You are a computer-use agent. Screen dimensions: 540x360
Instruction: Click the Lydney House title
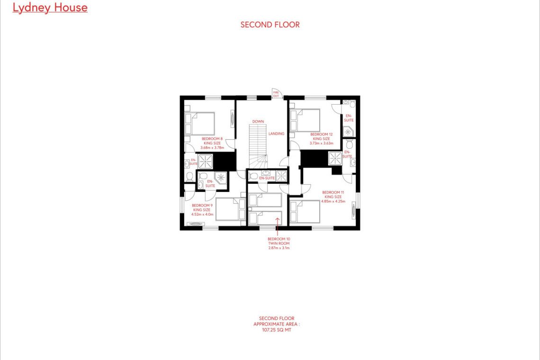pos(50,8)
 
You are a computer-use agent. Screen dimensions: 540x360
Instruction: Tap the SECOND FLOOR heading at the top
pos(270,25)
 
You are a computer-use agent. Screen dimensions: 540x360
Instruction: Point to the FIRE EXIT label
pos(276,94)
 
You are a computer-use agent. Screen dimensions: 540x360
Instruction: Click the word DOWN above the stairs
pos(258,122)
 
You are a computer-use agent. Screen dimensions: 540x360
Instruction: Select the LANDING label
pos(277,134)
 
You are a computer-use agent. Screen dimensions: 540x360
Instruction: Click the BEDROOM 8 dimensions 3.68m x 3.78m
pos(212,148)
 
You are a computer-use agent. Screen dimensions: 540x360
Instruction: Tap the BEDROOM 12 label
pos(321,135)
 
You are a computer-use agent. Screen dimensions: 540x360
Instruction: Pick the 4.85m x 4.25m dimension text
pos(333,201)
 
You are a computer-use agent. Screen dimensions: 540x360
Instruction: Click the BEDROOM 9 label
pos(202,205)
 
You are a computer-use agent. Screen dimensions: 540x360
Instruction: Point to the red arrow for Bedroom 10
pos(277,226)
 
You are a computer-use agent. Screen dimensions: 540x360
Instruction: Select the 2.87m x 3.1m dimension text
pos(279,248)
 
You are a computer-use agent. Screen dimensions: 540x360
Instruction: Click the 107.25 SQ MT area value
pos(277,330)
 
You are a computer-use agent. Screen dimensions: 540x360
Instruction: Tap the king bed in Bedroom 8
pos(200,123)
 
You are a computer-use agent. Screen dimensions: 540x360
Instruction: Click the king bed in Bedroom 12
pos(305,120)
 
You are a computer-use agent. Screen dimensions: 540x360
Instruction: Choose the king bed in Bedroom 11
pos(305,212)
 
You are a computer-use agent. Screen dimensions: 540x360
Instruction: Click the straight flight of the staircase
pos(258,139)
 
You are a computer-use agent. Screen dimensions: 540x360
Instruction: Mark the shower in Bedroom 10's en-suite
pos(281,176)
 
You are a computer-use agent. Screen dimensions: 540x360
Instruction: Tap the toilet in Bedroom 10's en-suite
pos(253,176)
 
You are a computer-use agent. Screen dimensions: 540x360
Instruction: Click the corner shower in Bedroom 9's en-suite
pos(221,178)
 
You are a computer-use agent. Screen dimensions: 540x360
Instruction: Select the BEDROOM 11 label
pos(333,193)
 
